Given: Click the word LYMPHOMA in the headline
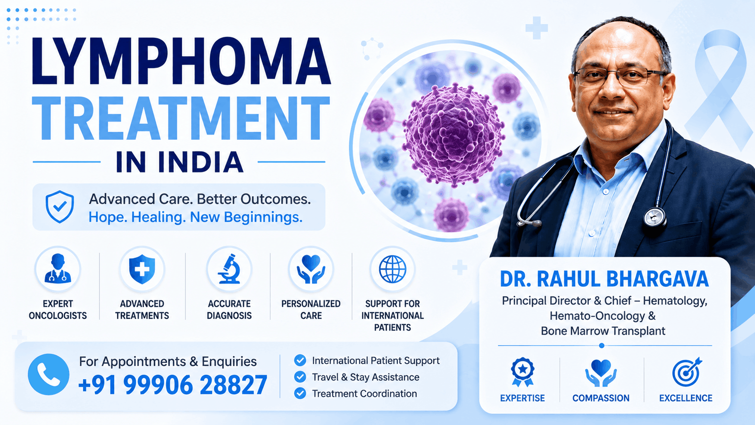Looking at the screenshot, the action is (181, 61).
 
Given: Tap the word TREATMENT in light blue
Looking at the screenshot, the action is (181, 119).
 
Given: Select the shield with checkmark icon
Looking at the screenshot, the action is (59, 207).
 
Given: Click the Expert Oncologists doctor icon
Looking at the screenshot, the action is (58, 269).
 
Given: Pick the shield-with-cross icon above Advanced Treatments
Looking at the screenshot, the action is (142, 269).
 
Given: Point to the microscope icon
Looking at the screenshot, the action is (229, 269).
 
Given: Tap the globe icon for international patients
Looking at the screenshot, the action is (392, 269).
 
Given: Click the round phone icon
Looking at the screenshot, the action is (49, 374).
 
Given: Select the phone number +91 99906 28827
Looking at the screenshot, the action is (173, 385).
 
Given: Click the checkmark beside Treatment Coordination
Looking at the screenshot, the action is (300, 393).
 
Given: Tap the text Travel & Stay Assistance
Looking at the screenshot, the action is (366, 377).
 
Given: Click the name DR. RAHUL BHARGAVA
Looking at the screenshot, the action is (604, 279).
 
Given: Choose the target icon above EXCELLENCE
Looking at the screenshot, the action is (687, 372).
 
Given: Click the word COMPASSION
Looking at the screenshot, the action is (601, 398).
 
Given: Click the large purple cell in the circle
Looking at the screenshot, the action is (454, 135).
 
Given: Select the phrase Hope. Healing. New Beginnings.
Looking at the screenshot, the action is (195, 217).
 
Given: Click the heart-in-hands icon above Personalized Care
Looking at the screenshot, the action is (311, 269).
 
